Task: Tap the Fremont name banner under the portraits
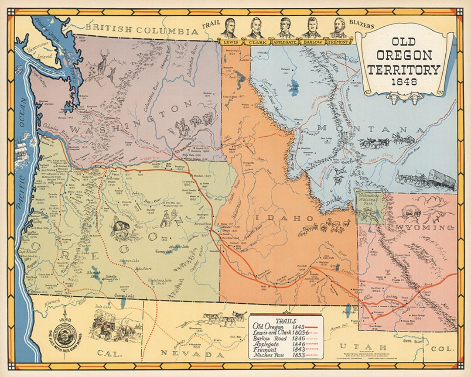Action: [x=338, y=42]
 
